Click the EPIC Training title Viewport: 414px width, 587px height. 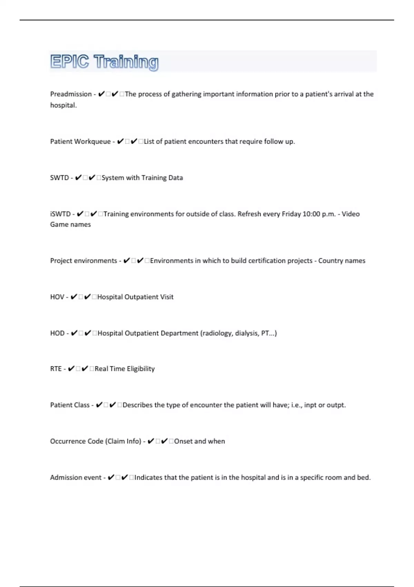click(x=104, y=62)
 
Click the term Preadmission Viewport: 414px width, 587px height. click(x=71, y=94)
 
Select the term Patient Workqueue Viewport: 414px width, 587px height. click(x=80, y=142)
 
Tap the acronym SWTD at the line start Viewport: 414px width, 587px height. click(x=59, y=178)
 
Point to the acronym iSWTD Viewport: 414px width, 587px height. click(x=60, y=214)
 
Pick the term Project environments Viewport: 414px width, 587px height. click(x=83, y=261)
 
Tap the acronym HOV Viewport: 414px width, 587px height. click(x=57, y=297)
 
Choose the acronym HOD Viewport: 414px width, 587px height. click(x=57, y=333)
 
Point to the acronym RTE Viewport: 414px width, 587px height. click(x=56, y=369)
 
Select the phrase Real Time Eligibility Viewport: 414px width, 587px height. click(x=125, y=369)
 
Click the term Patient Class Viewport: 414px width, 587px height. click(x=70, y=405)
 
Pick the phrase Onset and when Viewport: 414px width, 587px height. click(x=199, y=441)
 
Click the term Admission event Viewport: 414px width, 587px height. click(x=76, y=478)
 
